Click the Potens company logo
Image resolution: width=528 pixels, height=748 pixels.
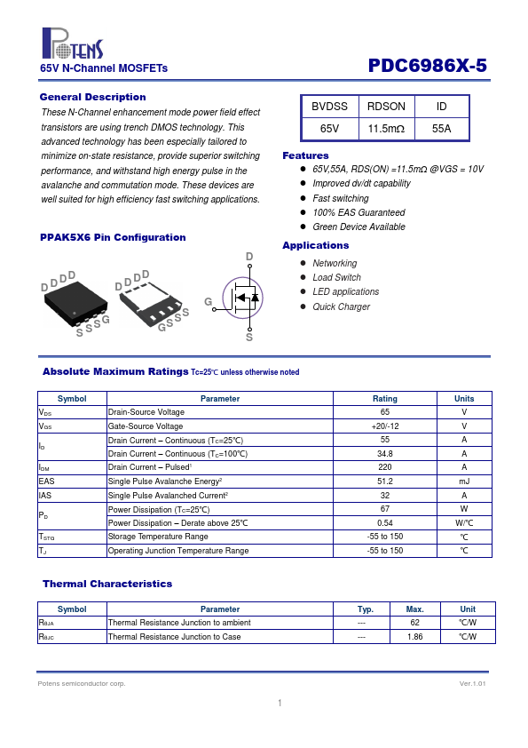(x=73, y=43)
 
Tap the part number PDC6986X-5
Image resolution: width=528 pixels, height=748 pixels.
(x=428, y=66)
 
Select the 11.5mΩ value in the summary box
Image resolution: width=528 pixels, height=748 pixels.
(x=386, y=128)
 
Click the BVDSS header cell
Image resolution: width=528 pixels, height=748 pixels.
(x=329, y=107)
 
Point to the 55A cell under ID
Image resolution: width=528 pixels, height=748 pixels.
(x=441, y=128)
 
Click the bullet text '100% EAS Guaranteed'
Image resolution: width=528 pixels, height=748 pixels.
(x=359, y=212)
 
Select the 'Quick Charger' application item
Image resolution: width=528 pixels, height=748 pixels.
(x=341, y=306)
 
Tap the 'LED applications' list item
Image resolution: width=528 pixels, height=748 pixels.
(x=346, y=291)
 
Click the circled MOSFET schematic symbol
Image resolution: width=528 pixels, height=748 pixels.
(x=242, y=298)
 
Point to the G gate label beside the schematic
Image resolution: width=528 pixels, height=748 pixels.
(x=209, y=301)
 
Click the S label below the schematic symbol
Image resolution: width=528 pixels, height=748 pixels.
(x=249, y=338)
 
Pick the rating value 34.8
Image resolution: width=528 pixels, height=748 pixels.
(x=385, y=454)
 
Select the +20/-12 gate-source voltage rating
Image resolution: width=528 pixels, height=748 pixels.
(x=385, y=426)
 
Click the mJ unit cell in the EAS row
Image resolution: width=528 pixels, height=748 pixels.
(x=464, y=481)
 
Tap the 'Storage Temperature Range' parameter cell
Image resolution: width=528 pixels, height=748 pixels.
(x=158, y=537)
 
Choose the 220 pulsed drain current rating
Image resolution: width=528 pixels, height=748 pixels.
(x=385, y=467)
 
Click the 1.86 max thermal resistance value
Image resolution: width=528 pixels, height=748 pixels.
(x=415, y=636)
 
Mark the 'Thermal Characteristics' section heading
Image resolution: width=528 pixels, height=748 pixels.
(x=107, y=584)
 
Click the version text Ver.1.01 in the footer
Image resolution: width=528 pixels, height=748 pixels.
(x=473, y=684)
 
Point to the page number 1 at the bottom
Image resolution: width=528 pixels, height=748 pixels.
(x=280, y=703)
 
